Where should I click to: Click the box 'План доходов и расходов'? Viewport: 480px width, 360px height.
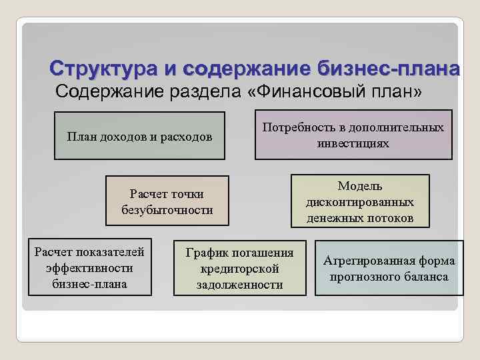tap(139, 137)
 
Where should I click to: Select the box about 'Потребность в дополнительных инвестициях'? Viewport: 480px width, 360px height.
tap(353, 135)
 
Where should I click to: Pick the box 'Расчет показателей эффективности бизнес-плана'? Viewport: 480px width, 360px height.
tap(90, 267)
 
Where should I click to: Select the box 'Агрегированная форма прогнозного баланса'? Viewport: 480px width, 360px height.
tap(389, 268)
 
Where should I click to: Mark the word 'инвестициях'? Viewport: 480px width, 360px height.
tap(353, 143)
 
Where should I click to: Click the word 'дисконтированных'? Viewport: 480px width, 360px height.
tap(360, 201)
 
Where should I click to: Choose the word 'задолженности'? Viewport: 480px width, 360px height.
tap(239, 285)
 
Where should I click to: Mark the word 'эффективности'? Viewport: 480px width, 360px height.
tap(90, 267)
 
